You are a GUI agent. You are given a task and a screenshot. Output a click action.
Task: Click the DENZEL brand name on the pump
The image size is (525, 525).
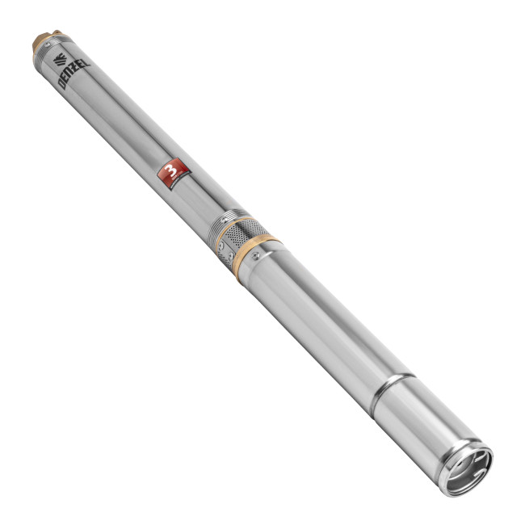74,73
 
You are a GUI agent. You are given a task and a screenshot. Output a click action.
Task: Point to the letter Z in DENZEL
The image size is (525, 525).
75,73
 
